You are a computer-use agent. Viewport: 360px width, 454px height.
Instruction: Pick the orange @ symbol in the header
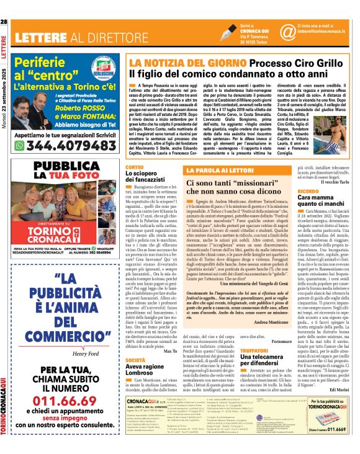(287, 32)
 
